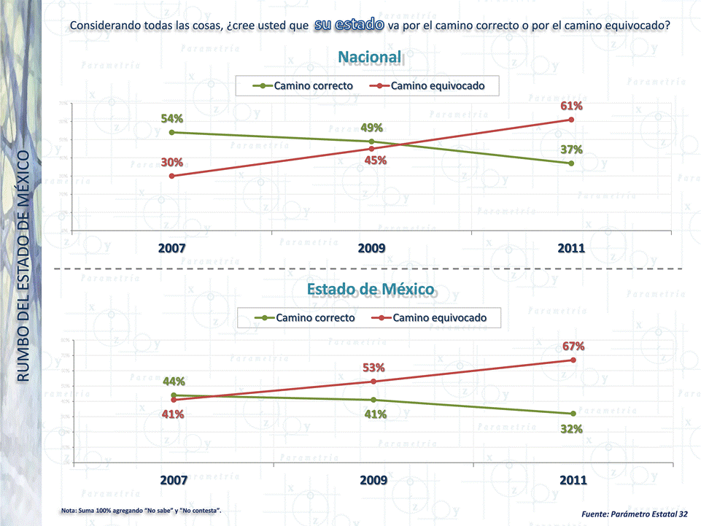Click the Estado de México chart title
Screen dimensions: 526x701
[371, 290]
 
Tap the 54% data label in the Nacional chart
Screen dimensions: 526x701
[172, 118]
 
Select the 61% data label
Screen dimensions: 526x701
[571, 107]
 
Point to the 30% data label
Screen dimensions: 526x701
[172, 162]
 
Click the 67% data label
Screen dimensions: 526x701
[573, 346]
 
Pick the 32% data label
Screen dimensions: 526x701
[571, 429]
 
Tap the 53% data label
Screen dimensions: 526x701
[373, 368]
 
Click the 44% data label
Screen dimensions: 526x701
[174, 382]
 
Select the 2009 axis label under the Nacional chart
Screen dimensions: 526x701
[372, 249]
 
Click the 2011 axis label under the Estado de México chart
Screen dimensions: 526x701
[572, 481]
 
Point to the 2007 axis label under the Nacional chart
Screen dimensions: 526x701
[172, 249]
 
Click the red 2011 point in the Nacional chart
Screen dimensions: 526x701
[572, 120]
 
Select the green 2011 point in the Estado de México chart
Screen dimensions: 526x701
[573, 414]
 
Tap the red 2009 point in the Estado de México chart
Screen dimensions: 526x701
[373, 382]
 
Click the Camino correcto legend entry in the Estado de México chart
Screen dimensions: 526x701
[306, 318]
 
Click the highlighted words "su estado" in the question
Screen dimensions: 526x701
[349, 25]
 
